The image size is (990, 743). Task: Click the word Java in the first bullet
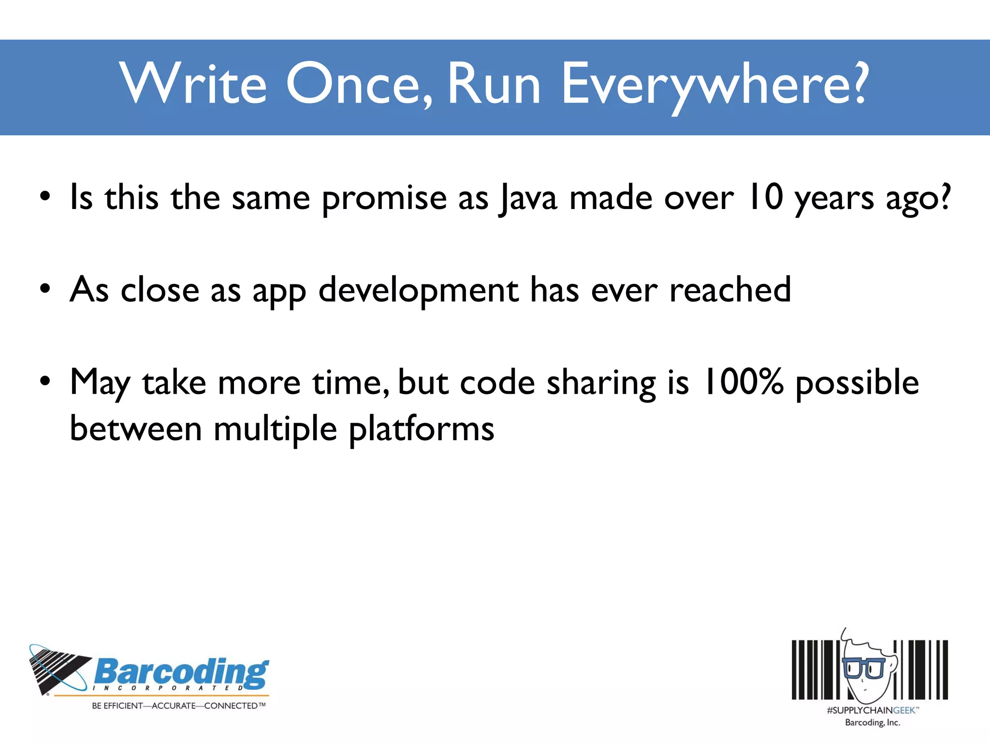coord(528,199)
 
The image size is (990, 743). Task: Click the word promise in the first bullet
coord(384,199)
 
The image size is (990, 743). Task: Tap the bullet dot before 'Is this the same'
coord(45,197)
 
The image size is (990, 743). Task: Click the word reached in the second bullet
coord(730,290)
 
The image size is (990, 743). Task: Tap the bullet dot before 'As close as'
coord(45,289)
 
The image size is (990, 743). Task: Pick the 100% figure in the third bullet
coord(742,382)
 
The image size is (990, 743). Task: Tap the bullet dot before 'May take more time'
coord(45,382)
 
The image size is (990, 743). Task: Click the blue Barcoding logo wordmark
coord(181,672)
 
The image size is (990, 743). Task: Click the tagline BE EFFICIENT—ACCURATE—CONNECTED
coord(178,706)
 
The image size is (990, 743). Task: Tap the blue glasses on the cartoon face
coord(863,668)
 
